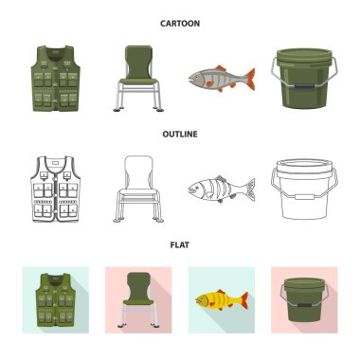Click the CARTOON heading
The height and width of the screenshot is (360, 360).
[x=180, y=24]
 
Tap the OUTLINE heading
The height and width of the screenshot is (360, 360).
[x=180, y=135]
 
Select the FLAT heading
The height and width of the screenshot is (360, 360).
[x=180, y=244]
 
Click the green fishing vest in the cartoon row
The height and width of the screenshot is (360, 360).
[x=56, y=79]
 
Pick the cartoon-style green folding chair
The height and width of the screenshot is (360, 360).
[x=138, y=79]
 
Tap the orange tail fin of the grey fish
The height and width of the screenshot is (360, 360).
[x=250, y=79]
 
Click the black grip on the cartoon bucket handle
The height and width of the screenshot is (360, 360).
[x=303, y=85]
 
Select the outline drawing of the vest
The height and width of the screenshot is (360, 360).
[x=56, y=189]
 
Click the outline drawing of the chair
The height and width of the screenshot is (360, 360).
[x=138, y=189]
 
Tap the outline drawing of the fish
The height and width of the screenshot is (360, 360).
[x=222, y=189]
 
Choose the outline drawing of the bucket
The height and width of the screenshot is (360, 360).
[x=304, y=189]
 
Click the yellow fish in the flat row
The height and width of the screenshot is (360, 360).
[x=222, y=300]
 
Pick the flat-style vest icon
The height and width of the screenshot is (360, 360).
[x=56, y=299]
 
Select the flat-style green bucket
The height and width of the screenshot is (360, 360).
[x=304, y=299]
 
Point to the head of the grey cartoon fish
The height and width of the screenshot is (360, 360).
[x=196, y=78]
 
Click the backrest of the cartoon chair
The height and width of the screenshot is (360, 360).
[x=139, y=63]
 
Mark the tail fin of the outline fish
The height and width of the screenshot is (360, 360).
[x=250, y=189]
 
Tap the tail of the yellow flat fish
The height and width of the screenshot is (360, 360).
[x=244, y=300]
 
